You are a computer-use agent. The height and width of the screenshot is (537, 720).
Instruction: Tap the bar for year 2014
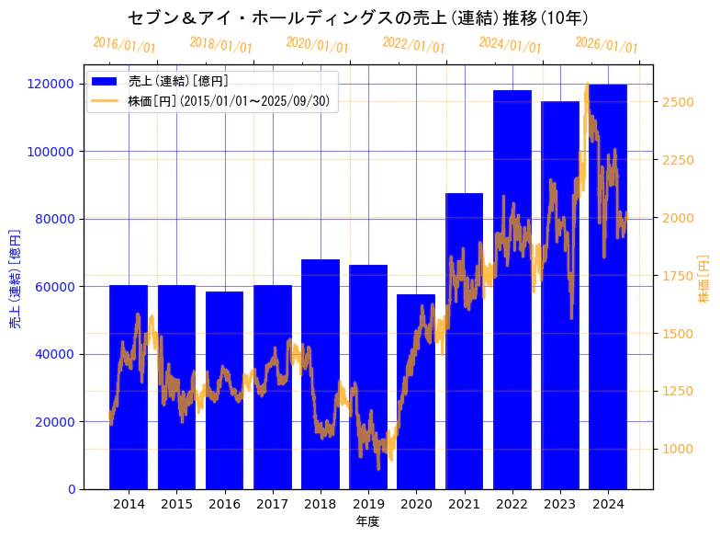point(129,386)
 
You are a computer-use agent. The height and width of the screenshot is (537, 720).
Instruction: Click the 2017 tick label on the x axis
point(273,504)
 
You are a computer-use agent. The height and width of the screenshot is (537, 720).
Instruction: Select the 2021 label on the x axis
point(464,504)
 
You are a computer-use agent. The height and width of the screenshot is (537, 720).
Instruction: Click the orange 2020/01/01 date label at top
point(317,44)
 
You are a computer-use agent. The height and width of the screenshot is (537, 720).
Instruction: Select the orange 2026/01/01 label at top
point(606,45)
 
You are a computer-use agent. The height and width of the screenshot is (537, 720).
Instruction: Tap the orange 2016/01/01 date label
point(124,44)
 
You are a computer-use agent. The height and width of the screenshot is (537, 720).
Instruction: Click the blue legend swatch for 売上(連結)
point(105,82)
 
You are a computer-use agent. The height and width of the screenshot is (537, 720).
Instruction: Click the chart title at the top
point(358,17)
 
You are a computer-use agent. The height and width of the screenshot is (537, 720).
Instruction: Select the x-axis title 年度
point(367,521)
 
